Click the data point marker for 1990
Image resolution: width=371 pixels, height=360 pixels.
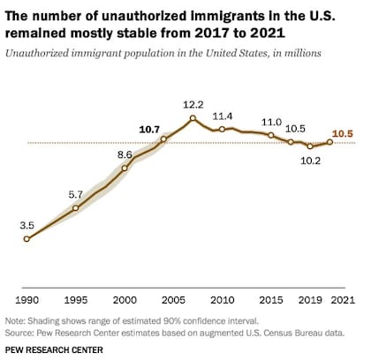26,238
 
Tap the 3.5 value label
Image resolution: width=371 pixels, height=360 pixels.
26,224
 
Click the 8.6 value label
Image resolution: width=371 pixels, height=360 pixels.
124,154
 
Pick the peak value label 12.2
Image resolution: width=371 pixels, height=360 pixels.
193,104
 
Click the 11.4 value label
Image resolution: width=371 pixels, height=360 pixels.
223,116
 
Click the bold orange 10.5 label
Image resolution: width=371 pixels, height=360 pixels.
343,133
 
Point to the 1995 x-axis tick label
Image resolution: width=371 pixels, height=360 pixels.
76,300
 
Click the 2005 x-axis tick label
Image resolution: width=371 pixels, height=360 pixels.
173,300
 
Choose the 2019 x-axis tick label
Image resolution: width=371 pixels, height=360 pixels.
309,300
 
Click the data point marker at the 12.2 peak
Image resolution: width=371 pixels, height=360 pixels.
193,118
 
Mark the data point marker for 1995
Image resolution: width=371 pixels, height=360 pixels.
76,208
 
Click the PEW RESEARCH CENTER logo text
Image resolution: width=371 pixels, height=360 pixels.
52,350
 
